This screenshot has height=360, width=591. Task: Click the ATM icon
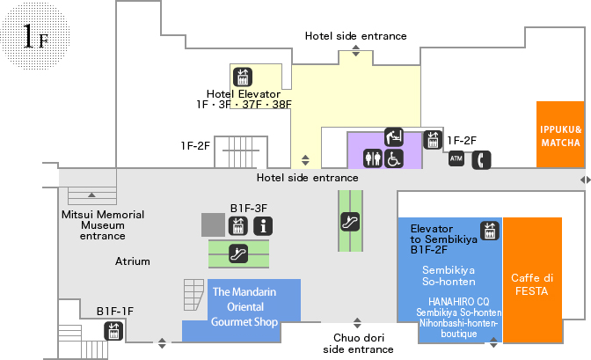(456, 158)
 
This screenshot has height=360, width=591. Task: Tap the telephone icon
(481, 160)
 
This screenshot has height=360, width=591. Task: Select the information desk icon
(263, 226)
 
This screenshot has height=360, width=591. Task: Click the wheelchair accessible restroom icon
(393, 158)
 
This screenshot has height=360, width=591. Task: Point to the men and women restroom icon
(373, 158)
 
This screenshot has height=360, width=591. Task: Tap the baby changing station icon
(394, 136)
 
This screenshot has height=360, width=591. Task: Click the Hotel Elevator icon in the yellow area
(243, 77)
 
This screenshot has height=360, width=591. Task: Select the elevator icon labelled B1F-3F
(237, 226)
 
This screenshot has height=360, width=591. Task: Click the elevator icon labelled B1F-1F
(113, 331)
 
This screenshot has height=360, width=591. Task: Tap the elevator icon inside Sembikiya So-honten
(490, 231)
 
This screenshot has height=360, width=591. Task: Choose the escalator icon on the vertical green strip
(350, 222)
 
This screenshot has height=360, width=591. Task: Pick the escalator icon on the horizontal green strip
(238, 253)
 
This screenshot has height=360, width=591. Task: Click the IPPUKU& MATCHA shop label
(560, 136)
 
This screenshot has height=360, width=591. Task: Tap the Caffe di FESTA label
(532, 284)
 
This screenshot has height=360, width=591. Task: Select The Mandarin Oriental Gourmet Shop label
(244, 307)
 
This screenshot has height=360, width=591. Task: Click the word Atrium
(132, 261)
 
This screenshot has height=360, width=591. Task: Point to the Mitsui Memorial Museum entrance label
(103, 225)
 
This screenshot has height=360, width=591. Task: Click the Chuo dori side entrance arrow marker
(357, 323)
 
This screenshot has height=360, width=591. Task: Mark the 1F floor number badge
(35, 36)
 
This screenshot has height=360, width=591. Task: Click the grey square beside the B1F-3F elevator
(213, 225)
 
